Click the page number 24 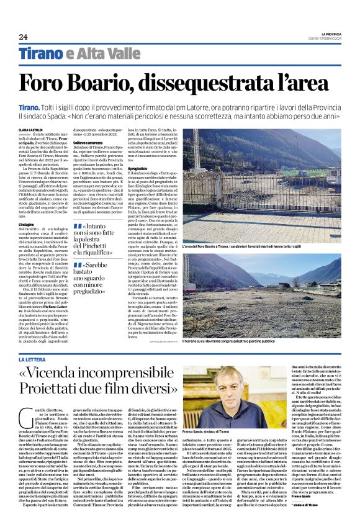[x=23, y=36]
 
